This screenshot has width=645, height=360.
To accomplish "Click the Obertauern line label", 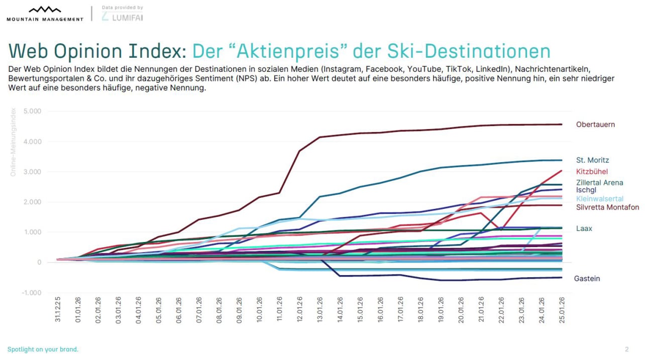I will [x=595, y=125].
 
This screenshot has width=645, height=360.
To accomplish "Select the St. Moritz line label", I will [x=593, y=160].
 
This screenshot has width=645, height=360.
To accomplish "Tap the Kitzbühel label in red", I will [x=592, y=172].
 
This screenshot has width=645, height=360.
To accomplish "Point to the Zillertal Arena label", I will [x=600, y=183].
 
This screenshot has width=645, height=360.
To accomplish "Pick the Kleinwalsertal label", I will [x=600, y=199].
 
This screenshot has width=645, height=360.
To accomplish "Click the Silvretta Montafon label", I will [x=607, y=207].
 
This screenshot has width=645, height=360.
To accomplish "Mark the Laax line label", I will [x=584, y=228].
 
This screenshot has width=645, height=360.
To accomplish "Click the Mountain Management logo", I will [x=45, y=14].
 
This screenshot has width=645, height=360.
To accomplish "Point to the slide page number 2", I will [x=626, y=349].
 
